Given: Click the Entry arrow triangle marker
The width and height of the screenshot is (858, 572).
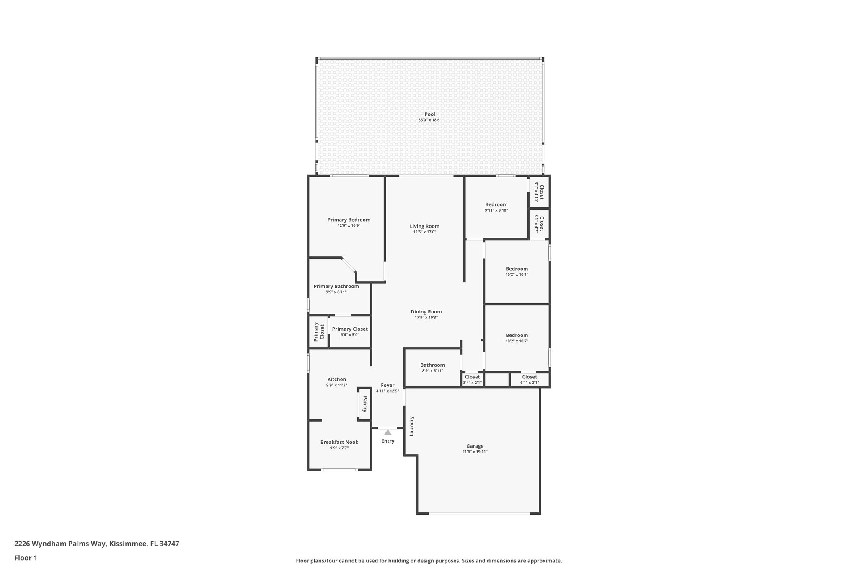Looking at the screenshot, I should pyautogui.click(x=388, y=432).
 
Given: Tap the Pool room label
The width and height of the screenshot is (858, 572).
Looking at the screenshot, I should pyautogui.click(x=429, y=114).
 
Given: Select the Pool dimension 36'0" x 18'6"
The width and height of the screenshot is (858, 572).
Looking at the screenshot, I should pyautogui.click(x=429, y=120).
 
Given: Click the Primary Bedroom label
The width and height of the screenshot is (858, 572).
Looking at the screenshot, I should pyautogui.click(x=349, y=220).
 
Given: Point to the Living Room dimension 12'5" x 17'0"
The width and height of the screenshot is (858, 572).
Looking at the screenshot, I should pyautogui.click(x=424, y=232).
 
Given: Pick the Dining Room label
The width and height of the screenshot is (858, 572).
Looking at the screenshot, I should pyautogui.click(x=426, y=311).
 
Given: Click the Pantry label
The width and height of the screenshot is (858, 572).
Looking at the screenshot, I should pyautogui.click(x=365, y=404).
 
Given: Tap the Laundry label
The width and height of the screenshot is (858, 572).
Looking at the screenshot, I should pyautogui.click(x=411, y=426).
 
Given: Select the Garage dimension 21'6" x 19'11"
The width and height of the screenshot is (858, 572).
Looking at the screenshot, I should pyautogui.click(x=475, y=452).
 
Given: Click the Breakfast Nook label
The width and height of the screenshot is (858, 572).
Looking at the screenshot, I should pyautogui.click(x=339, y=442).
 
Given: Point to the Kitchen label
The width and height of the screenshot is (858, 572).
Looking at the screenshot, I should pyautogui.click(x=336, y=379).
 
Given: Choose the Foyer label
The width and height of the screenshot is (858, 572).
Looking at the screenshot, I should pyautogui.click(x=388, y=385).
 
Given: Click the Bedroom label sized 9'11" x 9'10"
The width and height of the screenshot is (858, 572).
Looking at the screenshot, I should pyautogui.click(x=496, y=204).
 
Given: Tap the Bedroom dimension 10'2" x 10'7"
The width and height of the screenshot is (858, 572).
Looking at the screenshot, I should pyautogui.click(x=517, y=341).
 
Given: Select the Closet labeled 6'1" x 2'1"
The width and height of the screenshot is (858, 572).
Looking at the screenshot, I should pyautogui.click(x=529, y=377).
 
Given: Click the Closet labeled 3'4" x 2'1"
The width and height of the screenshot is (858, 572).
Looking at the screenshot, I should pyautogui.click(x=472, y=377).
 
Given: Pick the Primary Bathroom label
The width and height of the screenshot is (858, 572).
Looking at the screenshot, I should pyautogui.click(x=336, y=286).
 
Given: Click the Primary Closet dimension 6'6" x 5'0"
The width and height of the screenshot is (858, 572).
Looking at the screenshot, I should pyautogui.click(x=349, y=334).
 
